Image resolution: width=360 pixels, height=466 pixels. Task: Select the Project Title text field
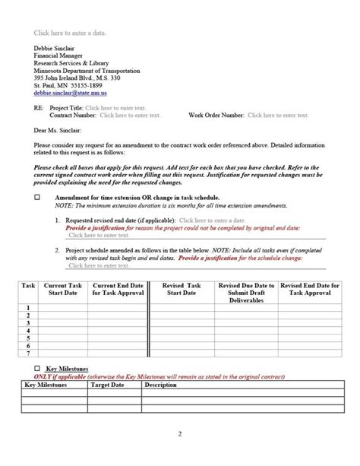[113, 109]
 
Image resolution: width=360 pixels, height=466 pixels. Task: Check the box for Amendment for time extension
[37, 197]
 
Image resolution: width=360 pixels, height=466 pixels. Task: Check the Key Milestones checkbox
[37, 367]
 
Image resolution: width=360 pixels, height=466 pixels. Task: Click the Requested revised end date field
[206, 220]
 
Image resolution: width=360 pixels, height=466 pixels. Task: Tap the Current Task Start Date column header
[62, 289]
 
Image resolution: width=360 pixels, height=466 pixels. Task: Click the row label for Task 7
[28, 353]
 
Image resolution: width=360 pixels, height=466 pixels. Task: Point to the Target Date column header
[107, 385]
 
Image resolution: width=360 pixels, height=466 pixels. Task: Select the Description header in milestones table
[160, 385]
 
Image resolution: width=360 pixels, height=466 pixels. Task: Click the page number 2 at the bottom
[180, 434]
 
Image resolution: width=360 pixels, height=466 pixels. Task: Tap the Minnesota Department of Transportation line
[87, 71]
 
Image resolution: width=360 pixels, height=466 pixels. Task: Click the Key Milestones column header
[47, 385]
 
